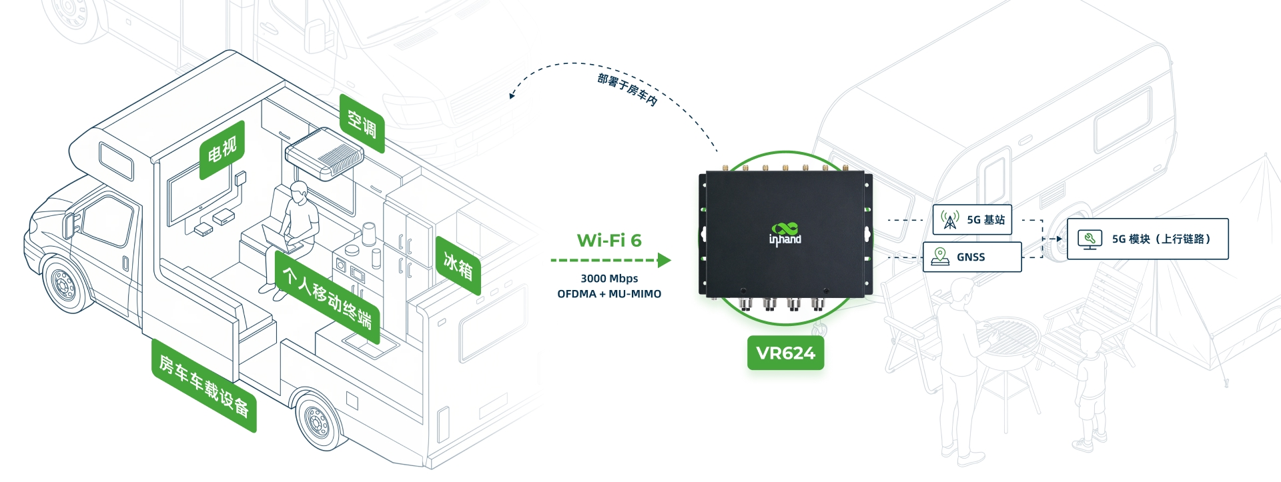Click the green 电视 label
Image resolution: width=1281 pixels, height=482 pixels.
[x=222, y=149]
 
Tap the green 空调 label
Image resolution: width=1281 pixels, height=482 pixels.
[x=362, y=123]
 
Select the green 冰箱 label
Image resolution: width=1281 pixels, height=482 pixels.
[x=458, y=266]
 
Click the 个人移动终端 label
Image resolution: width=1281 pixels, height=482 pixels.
[x=327, y=297]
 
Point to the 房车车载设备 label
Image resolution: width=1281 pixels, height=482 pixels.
[x=203, y=385]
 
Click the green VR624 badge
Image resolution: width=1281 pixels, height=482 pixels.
[x=785, y=353]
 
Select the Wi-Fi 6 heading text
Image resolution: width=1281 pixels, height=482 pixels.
[x=609, y=240]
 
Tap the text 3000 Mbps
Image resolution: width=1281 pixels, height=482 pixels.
[x=609, y=278]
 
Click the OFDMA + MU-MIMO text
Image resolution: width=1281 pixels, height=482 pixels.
[x=609, y=293]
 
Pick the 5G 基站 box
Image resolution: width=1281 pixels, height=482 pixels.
[x=972, y=219]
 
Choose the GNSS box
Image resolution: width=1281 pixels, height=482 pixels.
[x=972, y=257]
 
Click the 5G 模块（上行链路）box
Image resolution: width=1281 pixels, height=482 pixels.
[x=1148, y=239]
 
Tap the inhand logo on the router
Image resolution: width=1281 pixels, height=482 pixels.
[x=785, y=235]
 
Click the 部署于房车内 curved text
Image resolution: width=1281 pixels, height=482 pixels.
[x=627, y=89]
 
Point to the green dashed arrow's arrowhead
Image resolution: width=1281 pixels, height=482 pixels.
[x=664, y=260]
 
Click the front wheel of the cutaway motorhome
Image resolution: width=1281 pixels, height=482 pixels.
[x=65, y=285]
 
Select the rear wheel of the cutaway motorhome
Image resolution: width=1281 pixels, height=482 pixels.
[x=318, y=420]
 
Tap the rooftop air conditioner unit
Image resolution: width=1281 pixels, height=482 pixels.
[x=324, y=153]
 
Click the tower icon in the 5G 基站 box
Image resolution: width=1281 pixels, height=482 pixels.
[x=950, y=219]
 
